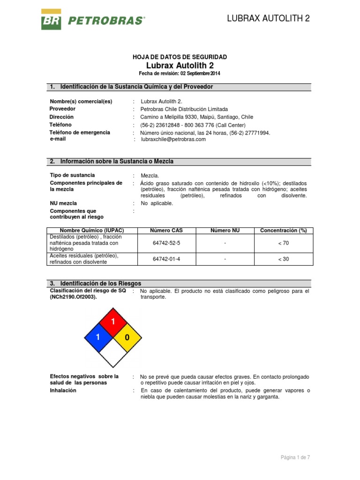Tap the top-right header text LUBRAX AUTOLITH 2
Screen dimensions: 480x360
[268, 18]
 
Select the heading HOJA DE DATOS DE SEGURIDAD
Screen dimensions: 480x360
[180, 57]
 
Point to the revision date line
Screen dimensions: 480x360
[180, 74]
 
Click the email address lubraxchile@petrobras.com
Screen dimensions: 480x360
[173, 139]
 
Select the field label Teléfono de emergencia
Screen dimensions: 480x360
[80, 133]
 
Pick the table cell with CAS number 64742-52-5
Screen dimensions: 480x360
[166, 243]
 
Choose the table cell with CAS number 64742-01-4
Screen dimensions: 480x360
[166, 259]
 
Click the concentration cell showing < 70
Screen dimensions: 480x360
[284, 243]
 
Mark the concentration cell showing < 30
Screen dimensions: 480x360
[284, 259]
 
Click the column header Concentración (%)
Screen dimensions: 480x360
[284, 230]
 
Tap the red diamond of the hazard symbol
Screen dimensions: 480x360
[112, 322]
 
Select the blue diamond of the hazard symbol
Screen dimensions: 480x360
[98, 337]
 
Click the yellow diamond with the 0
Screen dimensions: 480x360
[127, 337]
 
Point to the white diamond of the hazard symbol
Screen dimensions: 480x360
[112, 352]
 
